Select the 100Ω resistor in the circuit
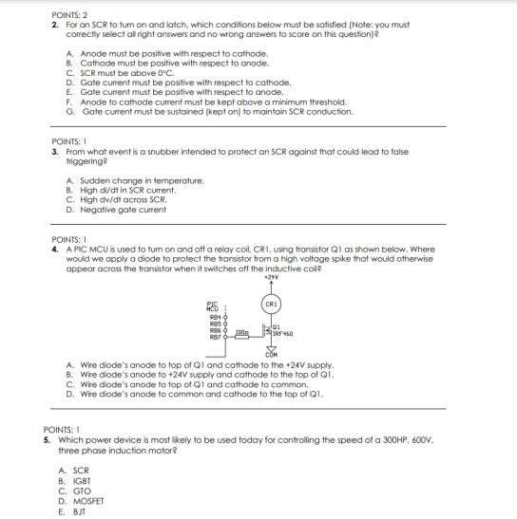coord(240,333)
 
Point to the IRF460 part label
coord(281,334)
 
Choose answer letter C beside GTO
coord(63,491)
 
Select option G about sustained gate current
coord(204,111)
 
